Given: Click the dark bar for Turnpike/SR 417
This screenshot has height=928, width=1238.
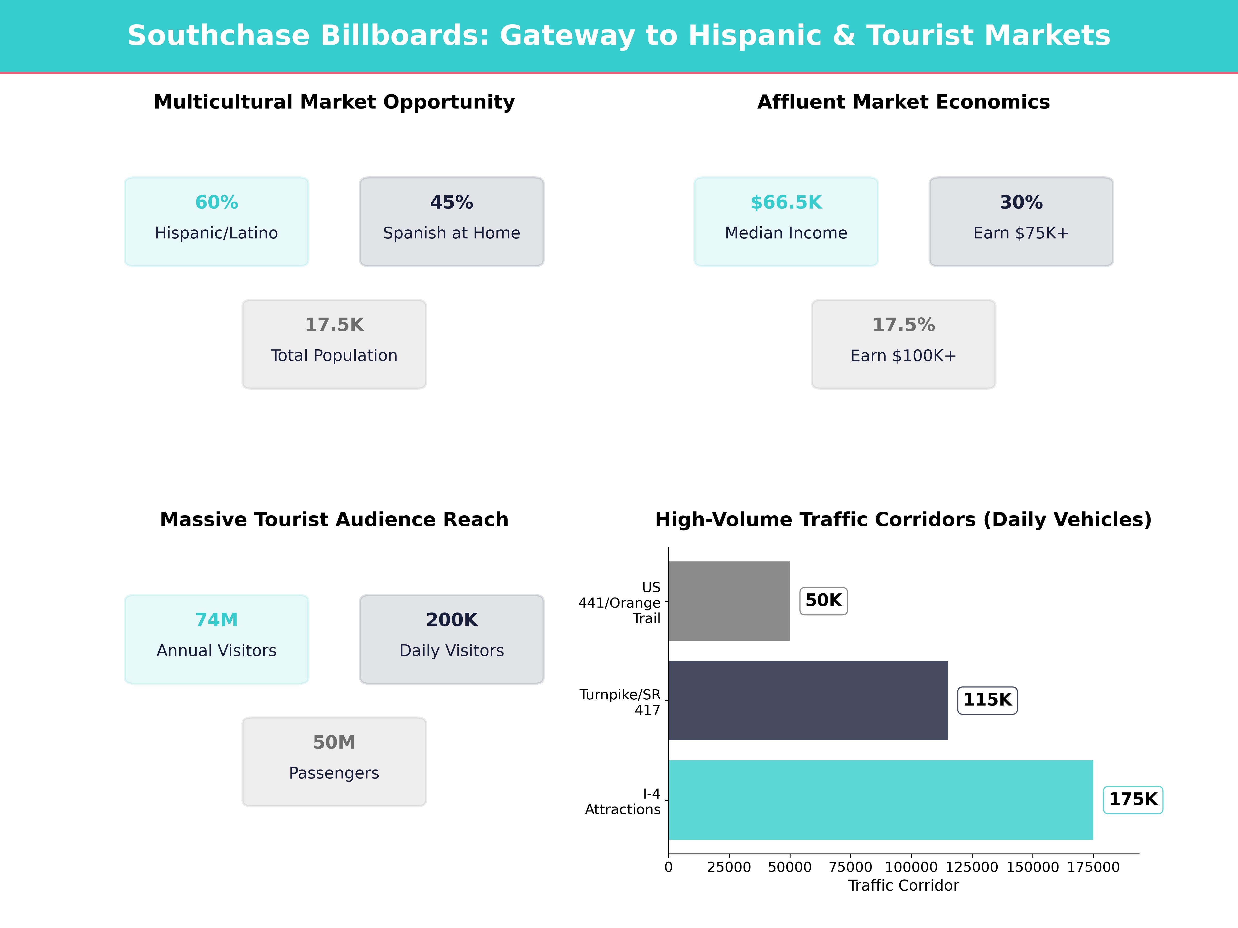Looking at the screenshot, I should [x=808, y=700].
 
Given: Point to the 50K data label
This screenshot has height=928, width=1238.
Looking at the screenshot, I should [x=823, y=601].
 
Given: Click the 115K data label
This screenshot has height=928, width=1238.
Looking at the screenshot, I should [x=987, y=700].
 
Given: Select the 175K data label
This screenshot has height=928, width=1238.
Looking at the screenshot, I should [x=1133, y=799].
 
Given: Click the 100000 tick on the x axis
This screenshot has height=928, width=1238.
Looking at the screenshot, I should [x=911, y=867].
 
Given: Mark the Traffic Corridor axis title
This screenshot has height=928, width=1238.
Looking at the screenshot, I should [x=903, y=885].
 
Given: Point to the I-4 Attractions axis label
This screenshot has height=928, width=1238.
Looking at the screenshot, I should [x=622, y=802].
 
